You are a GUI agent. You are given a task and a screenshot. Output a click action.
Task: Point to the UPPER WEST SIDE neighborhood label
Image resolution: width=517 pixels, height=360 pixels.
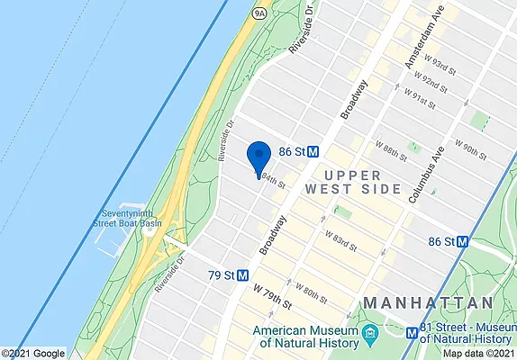point(351,182)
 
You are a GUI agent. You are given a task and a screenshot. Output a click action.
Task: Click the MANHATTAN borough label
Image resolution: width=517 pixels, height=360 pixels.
point(428,302)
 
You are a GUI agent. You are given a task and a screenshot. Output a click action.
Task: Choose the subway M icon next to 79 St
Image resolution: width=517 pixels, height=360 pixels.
point(242,274)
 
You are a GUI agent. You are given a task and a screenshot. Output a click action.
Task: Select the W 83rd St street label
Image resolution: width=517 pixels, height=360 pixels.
point(340,241)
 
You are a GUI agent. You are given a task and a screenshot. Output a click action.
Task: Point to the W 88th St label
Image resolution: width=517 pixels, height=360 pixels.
point(393,147)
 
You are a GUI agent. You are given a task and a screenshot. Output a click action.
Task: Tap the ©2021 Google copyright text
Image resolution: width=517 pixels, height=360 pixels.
point(34,353)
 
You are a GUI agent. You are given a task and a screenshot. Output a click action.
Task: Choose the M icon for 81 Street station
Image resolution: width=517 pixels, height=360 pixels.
point(413,332)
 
